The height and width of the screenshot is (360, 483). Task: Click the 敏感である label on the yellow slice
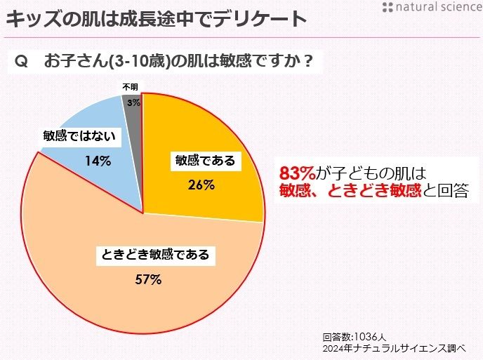[204, 161]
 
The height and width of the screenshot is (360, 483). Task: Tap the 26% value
[201, 185]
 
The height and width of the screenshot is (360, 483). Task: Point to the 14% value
[98, 161]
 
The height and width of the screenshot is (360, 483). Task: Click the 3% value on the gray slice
[133, 102]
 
